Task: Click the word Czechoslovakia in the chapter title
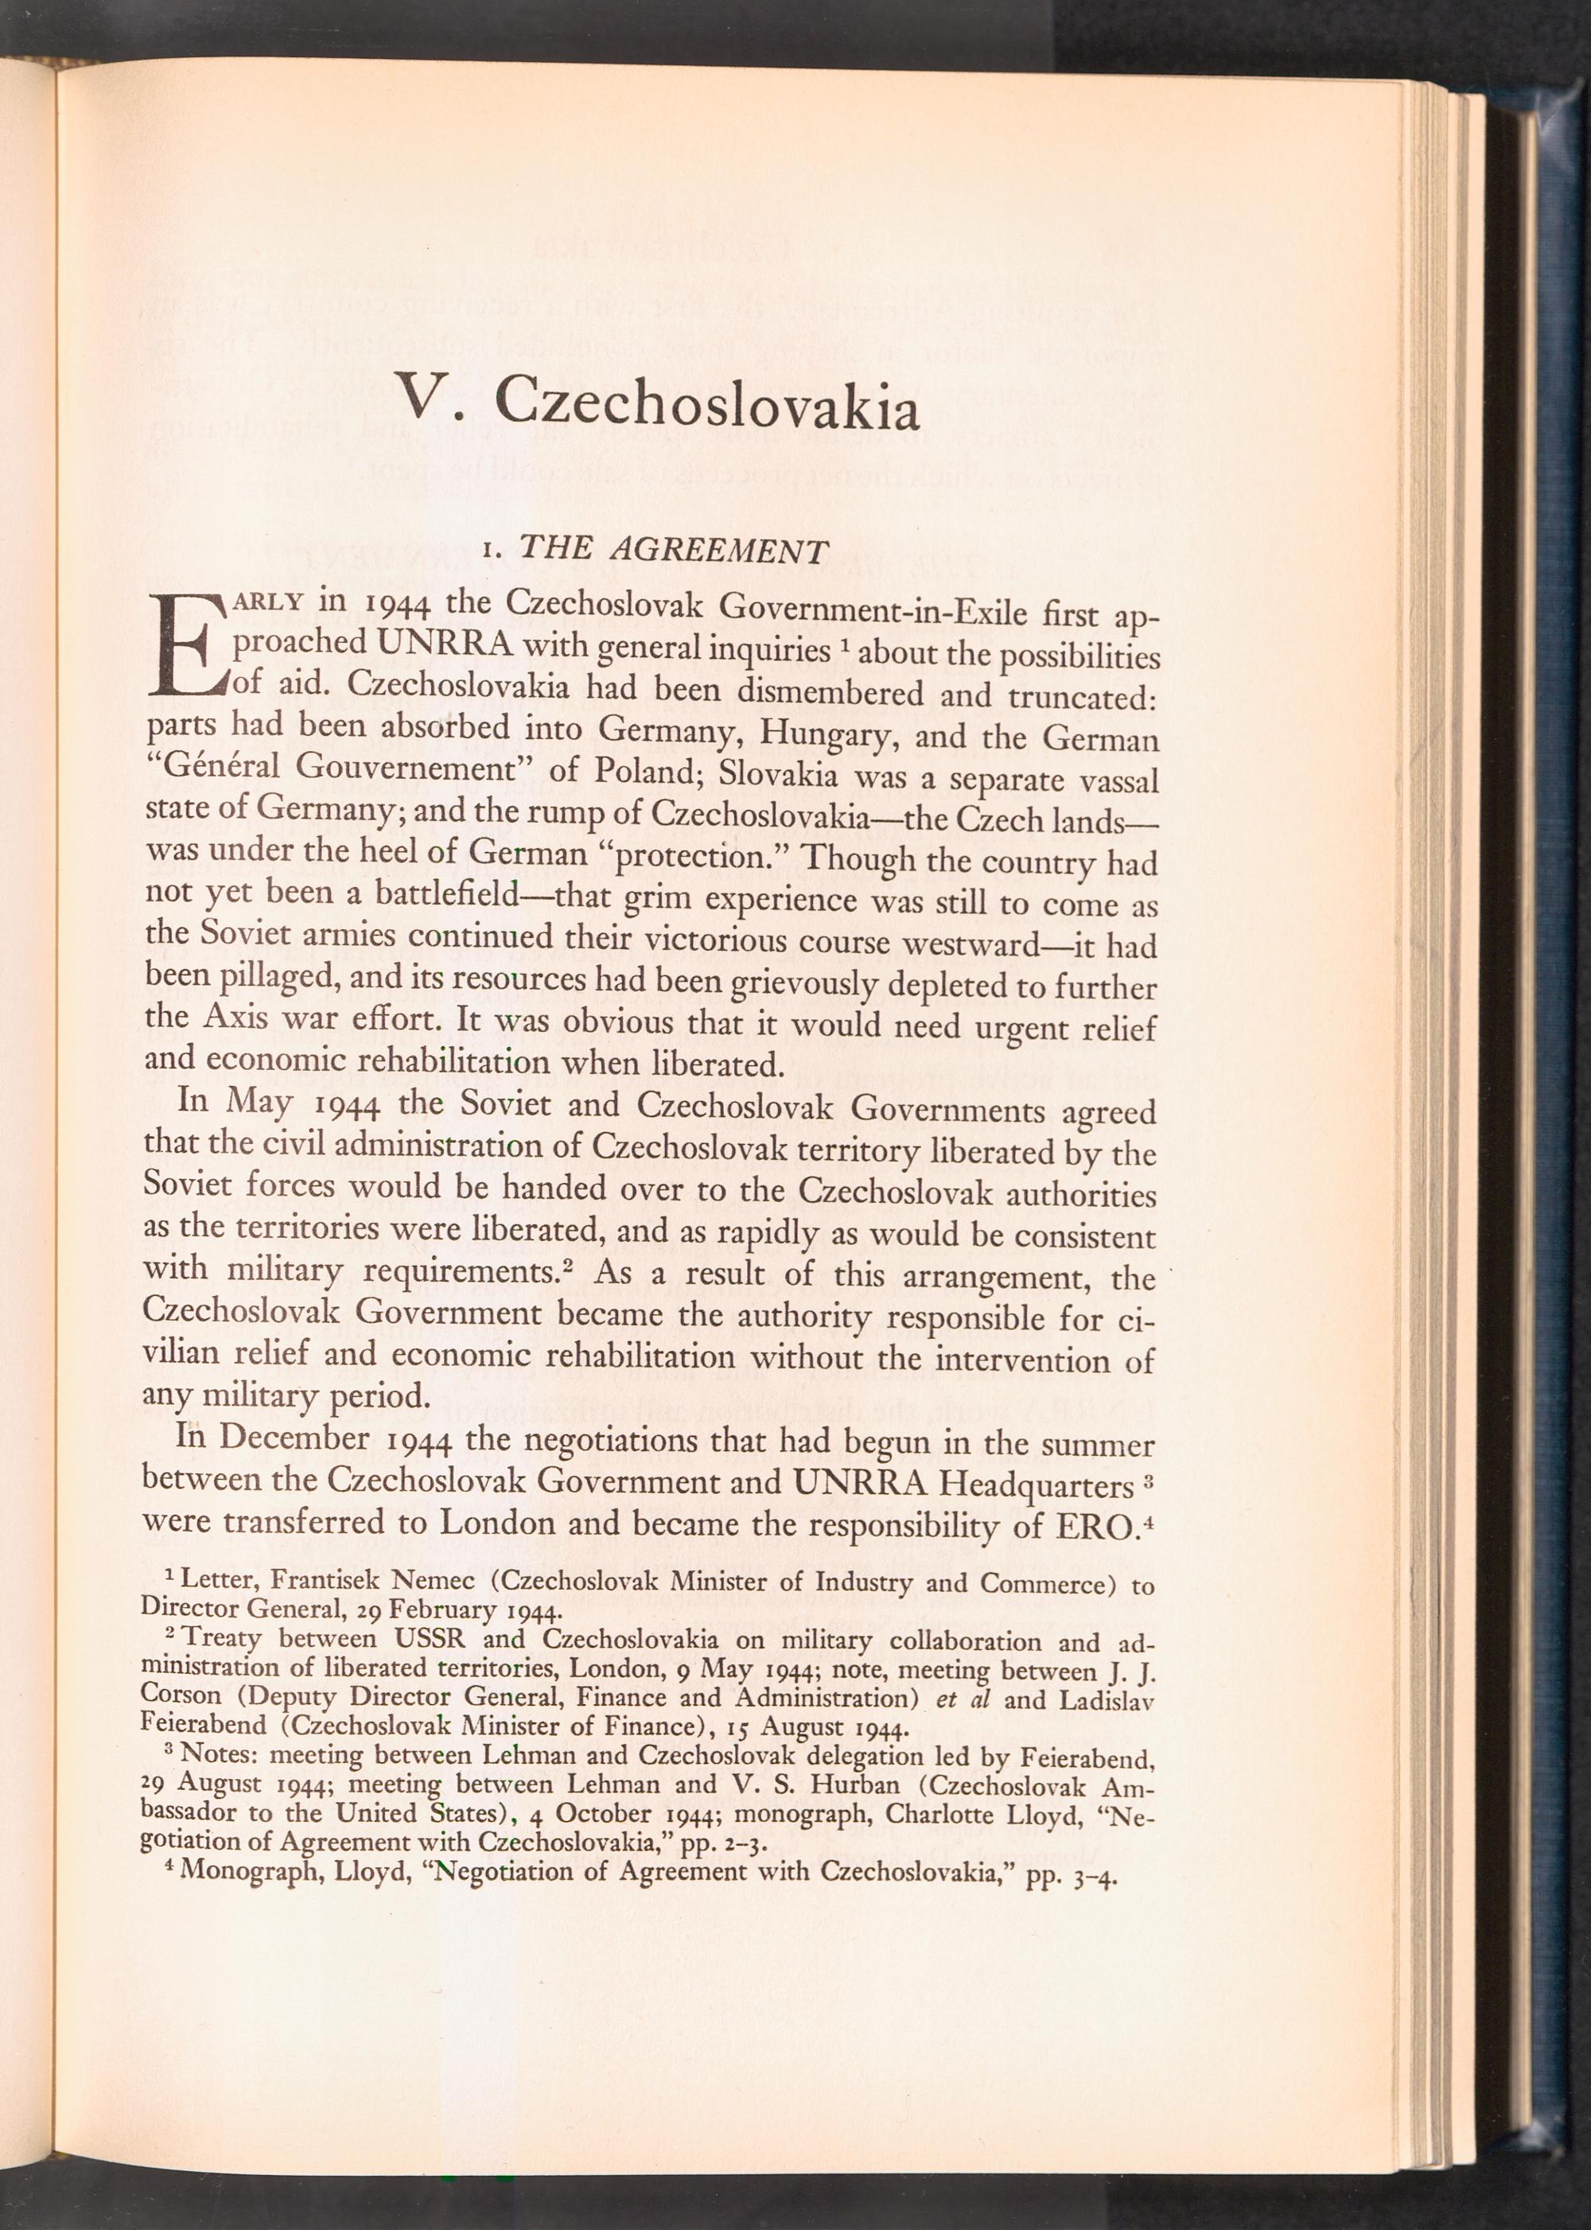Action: (x=706, y=402)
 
